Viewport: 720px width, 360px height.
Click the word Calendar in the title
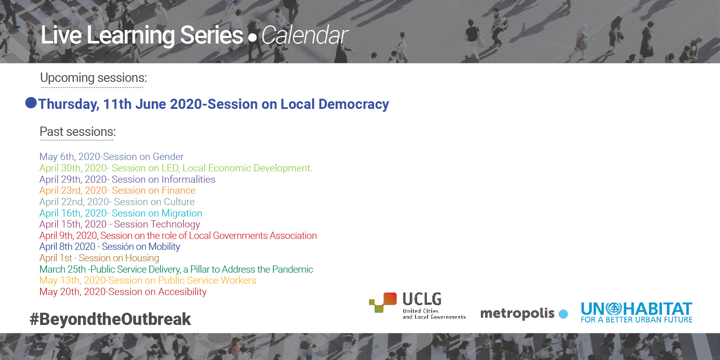[x=305, y=35]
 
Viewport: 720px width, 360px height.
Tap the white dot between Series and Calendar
[x=252, y=38]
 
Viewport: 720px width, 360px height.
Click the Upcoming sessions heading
[x=94, y=78]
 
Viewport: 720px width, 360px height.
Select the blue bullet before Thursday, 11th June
[x=31, y=103]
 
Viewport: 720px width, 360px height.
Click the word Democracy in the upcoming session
[x=353, y=104]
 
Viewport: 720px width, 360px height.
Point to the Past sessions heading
[x=78, y=132]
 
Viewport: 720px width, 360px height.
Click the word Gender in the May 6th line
[x=168, y=157]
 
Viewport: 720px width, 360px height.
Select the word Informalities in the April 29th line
[x=189, y=179]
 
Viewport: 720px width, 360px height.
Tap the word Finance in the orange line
[x=178, y=190]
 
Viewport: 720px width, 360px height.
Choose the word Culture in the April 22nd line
[x=179, y=202]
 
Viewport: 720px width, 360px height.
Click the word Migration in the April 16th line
[x=182, y=213]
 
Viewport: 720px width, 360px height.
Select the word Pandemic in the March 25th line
[x=292, y=269]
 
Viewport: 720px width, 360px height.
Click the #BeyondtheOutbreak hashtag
[x=110, y=319]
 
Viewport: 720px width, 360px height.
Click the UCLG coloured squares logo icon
[x=383, y=303]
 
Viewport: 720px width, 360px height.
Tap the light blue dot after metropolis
[x=563, y=314]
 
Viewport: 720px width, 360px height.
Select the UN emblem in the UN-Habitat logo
[x=614, y=309]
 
